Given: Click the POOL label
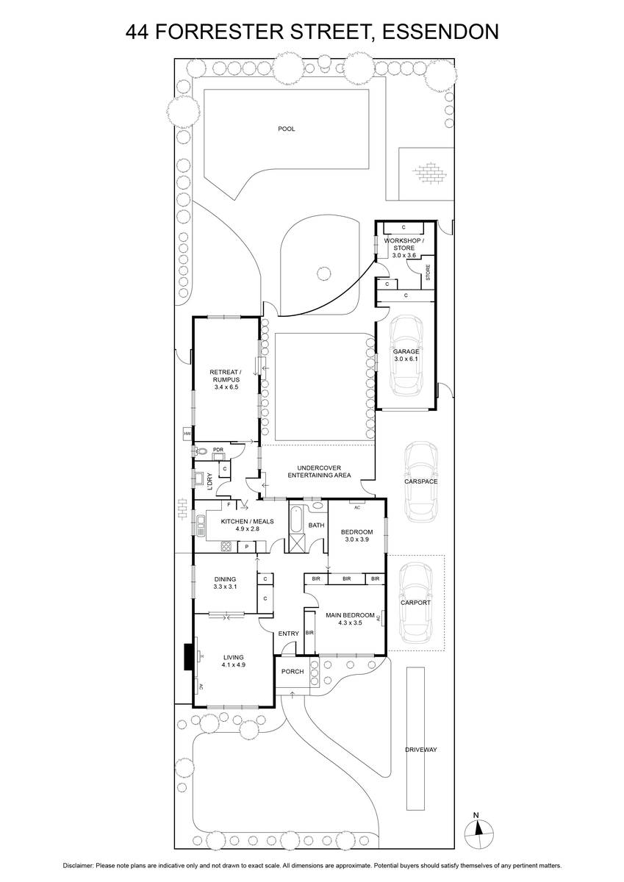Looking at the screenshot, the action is tap(286, 129).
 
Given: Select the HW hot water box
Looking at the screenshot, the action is tap(187, 434).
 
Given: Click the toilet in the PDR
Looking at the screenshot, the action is tap(201, 450).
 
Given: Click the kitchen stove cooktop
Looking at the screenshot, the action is tap(226, 547).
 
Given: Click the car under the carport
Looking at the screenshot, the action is tap(416, 603).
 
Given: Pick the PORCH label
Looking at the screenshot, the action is tap(293, 671).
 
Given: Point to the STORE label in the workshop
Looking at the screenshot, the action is tap(428, 272).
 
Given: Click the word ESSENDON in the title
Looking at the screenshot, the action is tap(440, 32).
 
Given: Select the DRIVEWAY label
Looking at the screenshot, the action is tap(421, 750).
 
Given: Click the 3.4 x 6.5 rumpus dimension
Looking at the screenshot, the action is tap(226, 387).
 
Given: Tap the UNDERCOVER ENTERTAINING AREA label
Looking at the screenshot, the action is tap(319, 472).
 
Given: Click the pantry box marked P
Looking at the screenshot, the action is tap(246, 547).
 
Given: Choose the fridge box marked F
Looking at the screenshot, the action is tap(229, 504).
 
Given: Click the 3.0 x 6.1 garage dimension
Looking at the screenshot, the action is tap(406, 359).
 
